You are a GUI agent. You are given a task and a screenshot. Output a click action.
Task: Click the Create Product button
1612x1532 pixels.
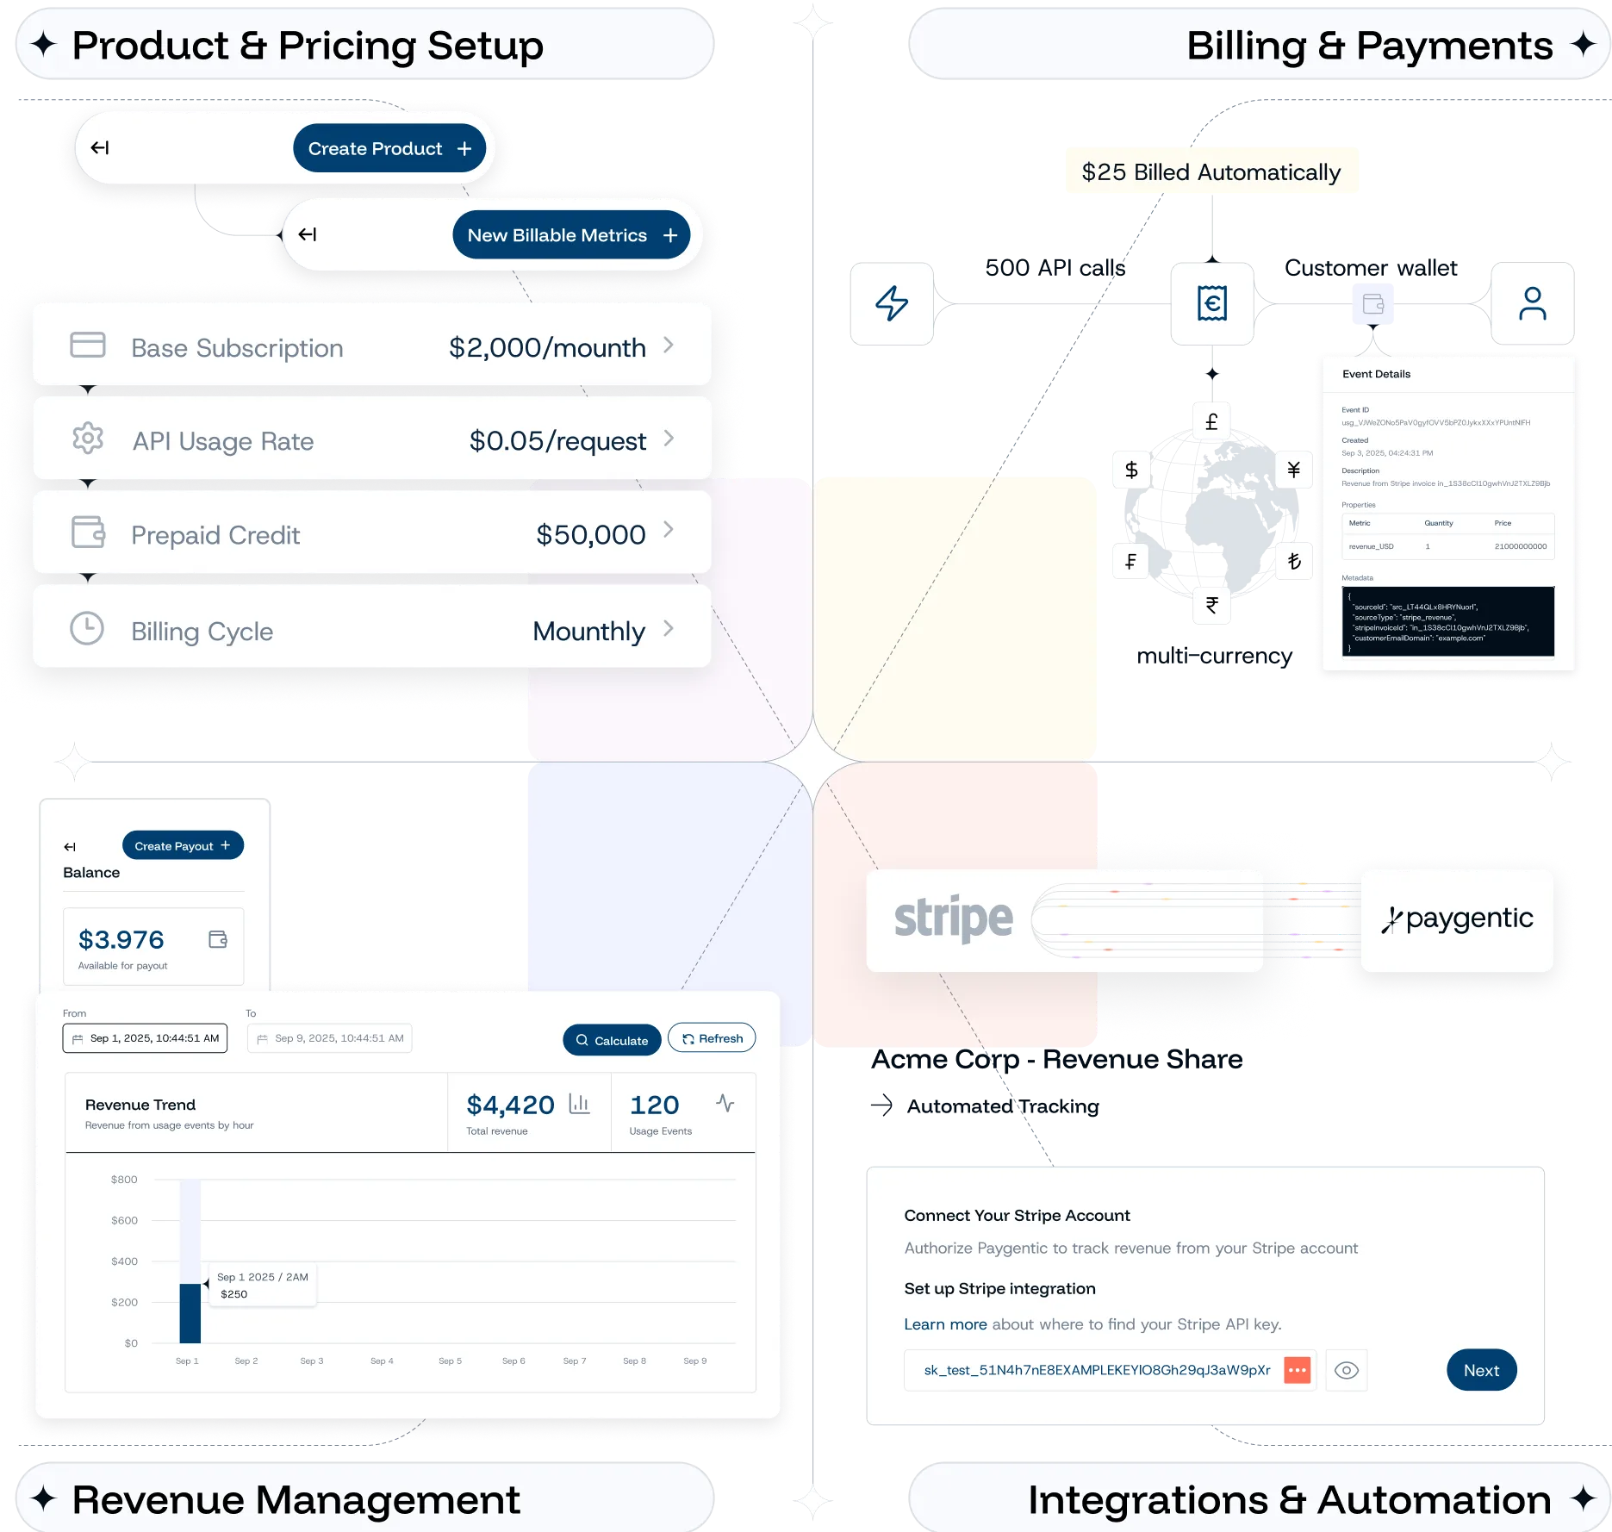pos(389,148)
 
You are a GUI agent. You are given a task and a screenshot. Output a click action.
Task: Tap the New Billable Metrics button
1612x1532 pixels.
pos(571,235)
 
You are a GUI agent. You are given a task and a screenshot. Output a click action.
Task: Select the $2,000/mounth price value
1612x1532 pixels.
pos(547,347)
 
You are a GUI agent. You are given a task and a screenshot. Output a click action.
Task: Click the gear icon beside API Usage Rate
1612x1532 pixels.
pos(88,439)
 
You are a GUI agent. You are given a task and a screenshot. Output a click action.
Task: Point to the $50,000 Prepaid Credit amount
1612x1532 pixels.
pos(590,534)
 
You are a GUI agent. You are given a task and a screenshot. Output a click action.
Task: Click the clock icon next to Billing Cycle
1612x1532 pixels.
pos(87,629)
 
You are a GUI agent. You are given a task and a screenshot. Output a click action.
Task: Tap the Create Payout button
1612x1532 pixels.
pos(183,845)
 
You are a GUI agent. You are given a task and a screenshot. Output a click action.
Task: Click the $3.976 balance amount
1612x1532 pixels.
pos(121,939)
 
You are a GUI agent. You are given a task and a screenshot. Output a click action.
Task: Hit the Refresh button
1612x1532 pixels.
pos(712,1038)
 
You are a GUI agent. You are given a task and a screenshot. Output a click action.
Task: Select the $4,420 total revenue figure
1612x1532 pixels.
pos(510,1105)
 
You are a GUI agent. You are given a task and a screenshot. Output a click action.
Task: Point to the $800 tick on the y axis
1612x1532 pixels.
pos(124,1179)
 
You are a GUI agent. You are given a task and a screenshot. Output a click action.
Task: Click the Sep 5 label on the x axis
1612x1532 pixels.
pos(450,1361)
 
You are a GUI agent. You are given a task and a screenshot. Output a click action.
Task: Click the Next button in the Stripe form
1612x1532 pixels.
pos(1481,1370)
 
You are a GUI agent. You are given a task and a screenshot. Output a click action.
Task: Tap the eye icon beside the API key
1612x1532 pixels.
pos(1346,1370)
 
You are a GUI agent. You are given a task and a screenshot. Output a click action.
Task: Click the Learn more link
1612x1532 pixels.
pos(945,1323)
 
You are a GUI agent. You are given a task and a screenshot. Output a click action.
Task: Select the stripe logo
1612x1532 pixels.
pos(954,919)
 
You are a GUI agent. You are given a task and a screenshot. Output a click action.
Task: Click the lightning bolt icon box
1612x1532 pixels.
pos(892,304)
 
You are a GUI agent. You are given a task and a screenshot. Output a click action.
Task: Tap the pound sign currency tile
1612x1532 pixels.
pos(1211,422)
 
